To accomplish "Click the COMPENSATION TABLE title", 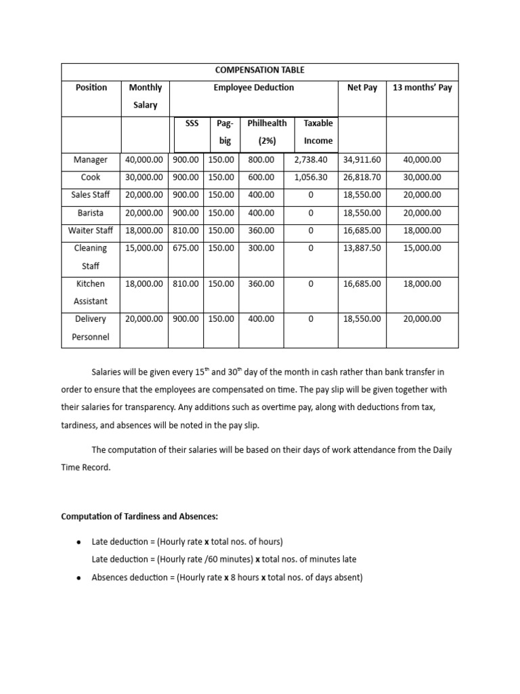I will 260,70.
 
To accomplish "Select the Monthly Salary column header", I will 145,96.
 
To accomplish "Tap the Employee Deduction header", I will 254,87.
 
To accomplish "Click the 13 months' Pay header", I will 422,87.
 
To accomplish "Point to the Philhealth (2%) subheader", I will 266,132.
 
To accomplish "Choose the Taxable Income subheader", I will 318,132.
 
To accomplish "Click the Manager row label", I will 91,160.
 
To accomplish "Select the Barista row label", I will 91,213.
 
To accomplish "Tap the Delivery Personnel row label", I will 91,327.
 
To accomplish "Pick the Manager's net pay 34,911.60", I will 362,160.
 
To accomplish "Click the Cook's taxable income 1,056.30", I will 311,178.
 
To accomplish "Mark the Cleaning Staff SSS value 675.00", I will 186,249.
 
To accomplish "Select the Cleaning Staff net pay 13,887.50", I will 362,249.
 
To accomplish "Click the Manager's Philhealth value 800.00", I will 261,160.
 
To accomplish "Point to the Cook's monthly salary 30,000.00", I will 144,178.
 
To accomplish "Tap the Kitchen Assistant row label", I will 91,292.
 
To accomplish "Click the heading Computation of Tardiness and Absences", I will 139,516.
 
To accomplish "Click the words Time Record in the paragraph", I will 86,468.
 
